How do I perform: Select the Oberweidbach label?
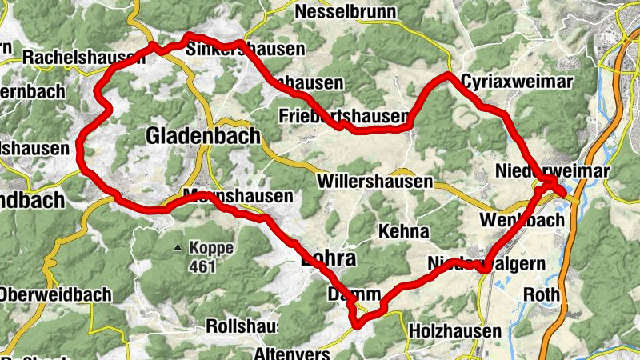coord(54,294)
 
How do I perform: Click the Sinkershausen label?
coord(245,50)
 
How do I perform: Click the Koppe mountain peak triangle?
coord(178,248)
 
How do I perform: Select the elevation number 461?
coord(203,266)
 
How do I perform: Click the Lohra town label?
coord(327,259)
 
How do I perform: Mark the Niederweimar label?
coord(553,172)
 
